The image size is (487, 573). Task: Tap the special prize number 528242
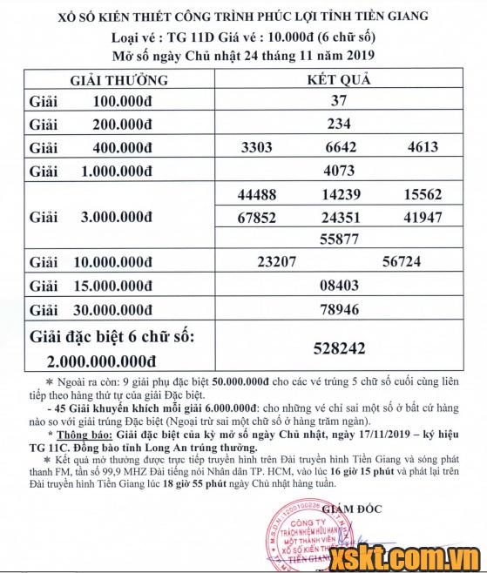click(x=339, y=347)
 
